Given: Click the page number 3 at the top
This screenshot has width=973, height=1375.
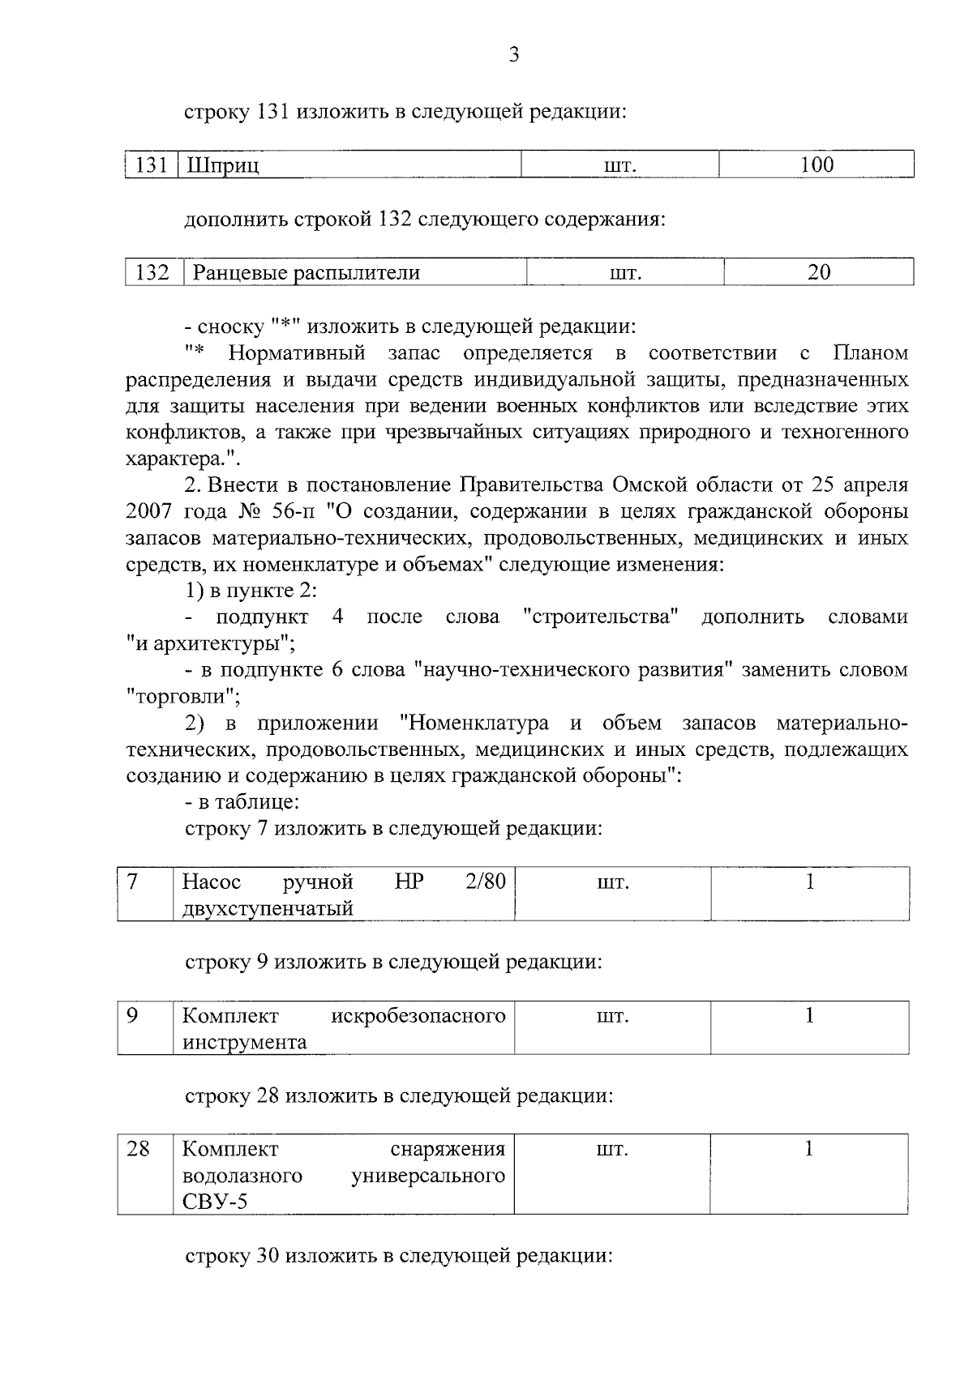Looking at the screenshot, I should (x=513, y=55).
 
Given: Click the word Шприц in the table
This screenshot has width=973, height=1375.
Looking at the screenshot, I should (x=223, y=166).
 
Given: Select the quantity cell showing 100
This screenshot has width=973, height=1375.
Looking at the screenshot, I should (x=817, y=165).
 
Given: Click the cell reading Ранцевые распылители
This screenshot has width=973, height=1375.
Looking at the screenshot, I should (x=306, y=273).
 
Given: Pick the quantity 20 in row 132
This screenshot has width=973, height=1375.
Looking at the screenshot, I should (x=819, y=272).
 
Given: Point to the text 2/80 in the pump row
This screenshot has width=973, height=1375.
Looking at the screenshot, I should (x=485, y=881).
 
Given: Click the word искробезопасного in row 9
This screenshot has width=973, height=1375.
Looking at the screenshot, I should (x=418, y=1015).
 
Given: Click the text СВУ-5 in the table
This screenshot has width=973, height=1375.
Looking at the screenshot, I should (x=215, y=1202).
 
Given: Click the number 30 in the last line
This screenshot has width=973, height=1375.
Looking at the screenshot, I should (x=268, y=1256).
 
